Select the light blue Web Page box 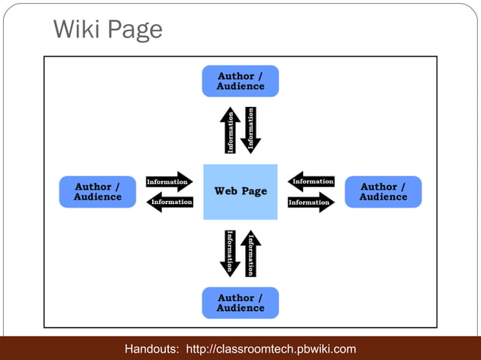pyautogui.click(x=240, y=191)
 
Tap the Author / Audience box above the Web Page pyautogui.click(x=240, y=81)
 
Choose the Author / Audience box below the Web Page pyautogui.click(x=240, y=303)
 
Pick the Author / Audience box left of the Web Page pyautogui.click(x=97, y=191)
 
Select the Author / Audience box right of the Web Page pyautogui.click(x=383, y=191)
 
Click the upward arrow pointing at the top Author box pyautogui.click(x=231, y=130)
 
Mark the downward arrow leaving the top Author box pyautogui.click(x=251, y=130)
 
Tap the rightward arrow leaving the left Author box pyautogui.click(x=169, y=182)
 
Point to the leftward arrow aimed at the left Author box pyautogui.click(x=169, y=202)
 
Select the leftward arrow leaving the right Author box pyautogui.click(x=311, y=182)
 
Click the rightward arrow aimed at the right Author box pyautogui.click(x=311, y=202)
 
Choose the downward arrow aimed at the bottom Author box pyautogui.click(x=230, y=253)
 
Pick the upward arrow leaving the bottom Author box pyautogui.click(x=251, y=253)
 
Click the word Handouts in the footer pyautogui.click(x=152, y=349)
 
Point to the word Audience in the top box pyautogui.click(x=240, y=86)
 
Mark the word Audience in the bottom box pyautogui.click(x=240, y=308)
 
